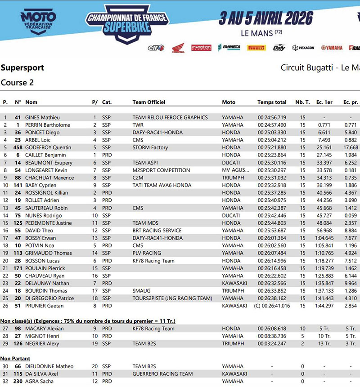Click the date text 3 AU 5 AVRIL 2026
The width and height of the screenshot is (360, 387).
pos(266,18)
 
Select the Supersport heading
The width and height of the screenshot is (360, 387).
pos(22,68)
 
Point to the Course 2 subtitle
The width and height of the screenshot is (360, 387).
pos(17,82)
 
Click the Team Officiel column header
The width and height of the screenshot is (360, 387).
pos(149,102)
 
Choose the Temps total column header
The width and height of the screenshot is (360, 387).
pos(272,102)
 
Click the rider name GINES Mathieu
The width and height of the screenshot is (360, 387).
pos(42,117)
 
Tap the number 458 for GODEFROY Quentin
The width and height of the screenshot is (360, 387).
pos(18,147)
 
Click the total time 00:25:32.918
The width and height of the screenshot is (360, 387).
pos(272,185)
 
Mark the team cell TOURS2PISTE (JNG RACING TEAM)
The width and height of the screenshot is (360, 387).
pos(172,298)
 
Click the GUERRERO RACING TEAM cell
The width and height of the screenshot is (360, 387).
pos(162,374)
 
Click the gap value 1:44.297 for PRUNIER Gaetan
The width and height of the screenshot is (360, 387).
pos(324,306)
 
